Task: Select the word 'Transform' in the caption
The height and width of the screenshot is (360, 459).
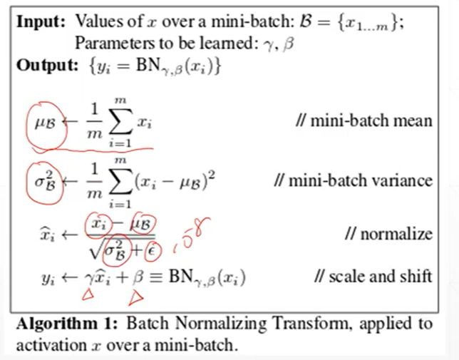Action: (299, 324)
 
